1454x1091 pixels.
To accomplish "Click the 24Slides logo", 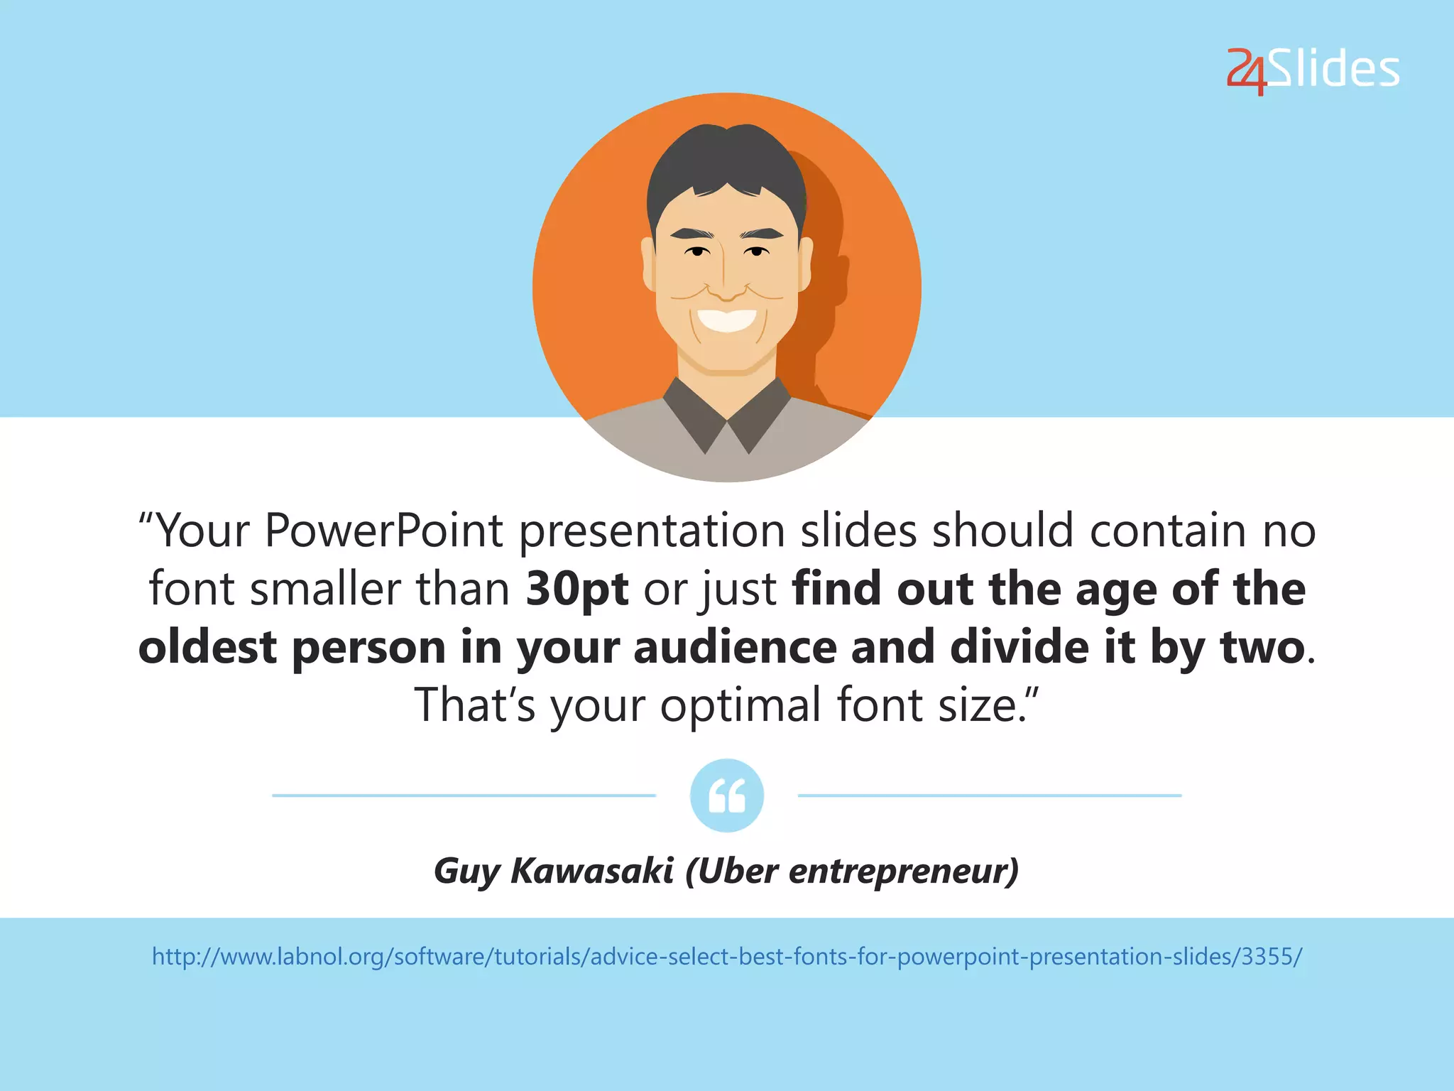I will pyautogui.click(x=1313, y=70).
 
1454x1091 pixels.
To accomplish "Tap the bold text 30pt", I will pyautogui.click(x=577, y=589).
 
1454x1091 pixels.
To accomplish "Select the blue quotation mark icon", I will pyautogui.click(x=727, y=796).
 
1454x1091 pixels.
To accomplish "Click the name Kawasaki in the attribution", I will pyautogui.click(x=591, y=871).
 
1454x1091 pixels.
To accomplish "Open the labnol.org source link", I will pyautogui.click(x=727, y=957).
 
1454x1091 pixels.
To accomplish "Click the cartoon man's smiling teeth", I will pyautogui.click(x=726, y=319).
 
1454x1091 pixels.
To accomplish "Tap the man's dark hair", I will pyautogui.click(x=726, y=160).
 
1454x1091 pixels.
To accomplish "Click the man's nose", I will pyautogui.click(x=726, y=288).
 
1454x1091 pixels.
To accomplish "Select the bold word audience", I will pyautogui.click(x=735, y=647).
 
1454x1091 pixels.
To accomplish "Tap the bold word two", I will pyautogui.click(x=1262, y=647).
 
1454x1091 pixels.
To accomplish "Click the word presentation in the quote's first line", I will pyautogui.click(x=652, y=531).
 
